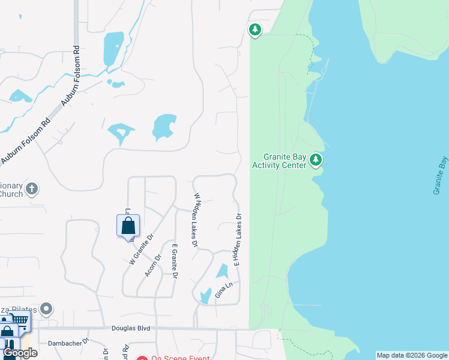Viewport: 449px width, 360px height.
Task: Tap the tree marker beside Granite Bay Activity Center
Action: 316,160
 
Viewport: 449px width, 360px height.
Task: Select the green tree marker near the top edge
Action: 255,29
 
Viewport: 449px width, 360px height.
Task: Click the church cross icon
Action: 32,189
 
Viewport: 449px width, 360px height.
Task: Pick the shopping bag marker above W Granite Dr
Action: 128,226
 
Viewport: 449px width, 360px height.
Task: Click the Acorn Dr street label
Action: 154,265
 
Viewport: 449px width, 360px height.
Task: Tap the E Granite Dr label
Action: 175,262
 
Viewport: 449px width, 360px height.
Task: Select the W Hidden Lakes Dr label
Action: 195,220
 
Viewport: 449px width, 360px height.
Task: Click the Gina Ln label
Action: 223,290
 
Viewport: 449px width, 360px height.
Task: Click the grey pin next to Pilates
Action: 46,310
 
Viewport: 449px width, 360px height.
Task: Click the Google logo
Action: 20,353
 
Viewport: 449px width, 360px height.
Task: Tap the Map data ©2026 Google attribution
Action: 412,355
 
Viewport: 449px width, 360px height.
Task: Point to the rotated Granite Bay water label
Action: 439,175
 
